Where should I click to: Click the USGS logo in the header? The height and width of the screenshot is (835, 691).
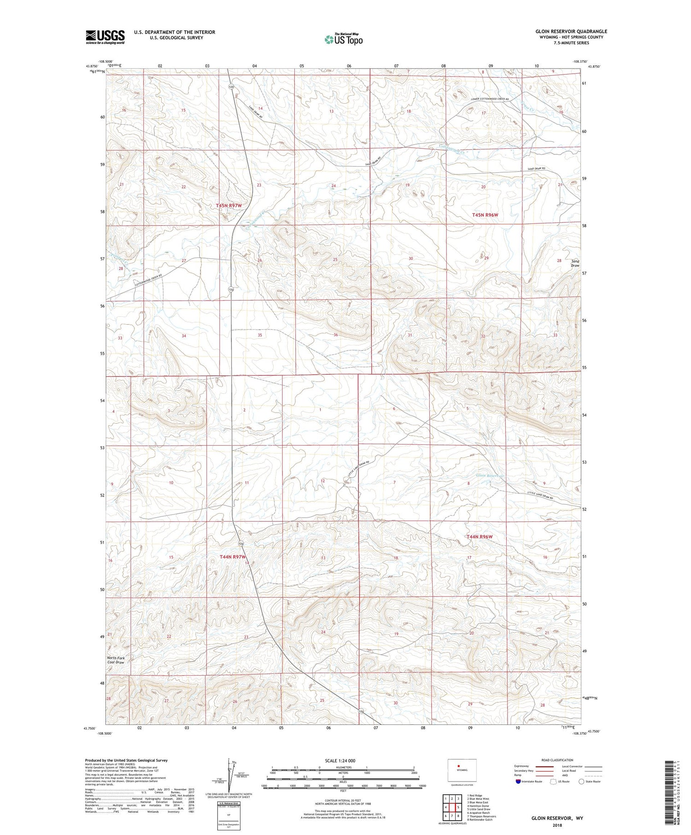(x=105, y=37)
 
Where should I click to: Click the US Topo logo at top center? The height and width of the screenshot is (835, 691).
(x=344, y=40)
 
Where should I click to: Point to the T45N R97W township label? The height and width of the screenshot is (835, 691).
(x=229, y=205)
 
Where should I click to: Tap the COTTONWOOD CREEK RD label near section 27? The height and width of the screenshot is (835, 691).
(x=155, y=280)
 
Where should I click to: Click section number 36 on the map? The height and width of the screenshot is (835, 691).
(x=335, y=335)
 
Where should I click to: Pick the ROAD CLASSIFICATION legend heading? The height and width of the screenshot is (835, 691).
(x=557, y=760)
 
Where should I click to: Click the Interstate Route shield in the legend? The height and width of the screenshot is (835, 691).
(x=518, y=782)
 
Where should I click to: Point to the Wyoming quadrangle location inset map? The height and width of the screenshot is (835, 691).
(x=462, y=770)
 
